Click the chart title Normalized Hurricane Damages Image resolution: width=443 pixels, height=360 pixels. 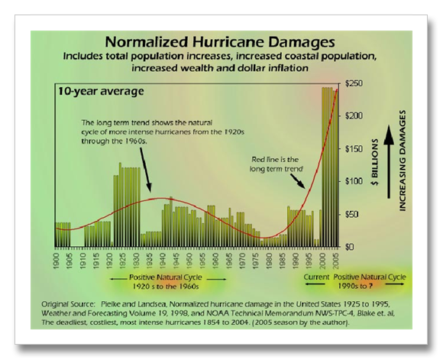220,42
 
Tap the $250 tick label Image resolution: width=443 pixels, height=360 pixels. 354,84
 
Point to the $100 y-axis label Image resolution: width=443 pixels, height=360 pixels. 354,181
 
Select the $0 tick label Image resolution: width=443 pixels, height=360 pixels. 350,247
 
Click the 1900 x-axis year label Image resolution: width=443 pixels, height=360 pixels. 57,260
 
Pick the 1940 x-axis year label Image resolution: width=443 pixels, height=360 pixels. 163,260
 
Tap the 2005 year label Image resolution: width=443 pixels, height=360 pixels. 336,260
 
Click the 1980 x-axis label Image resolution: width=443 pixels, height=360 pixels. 269,260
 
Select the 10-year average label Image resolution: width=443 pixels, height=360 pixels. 101,92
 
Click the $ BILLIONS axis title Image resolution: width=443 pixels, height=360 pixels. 375,162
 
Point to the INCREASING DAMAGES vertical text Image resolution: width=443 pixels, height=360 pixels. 403,161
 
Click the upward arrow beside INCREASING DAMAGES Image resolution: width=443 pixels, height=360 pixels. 389,161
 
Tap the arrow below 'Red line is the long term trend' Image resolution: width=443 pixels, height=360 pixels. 298,181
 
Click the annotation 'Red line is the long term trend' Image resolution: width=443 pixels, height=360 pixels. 276,164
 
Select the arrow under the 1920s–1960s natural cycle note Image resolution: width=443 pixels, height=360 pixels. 146,170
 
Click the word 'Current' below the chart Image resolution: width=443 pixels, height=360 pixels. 316,277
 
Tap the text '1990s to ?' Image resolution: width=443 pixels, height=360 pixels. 355,286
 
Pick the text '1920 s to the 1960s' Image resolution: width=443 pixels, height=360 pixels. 166,286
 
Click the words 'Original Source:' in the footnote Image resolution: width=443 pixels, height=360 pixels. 68,304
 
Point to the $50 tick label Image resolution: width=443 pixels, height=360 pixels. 352,214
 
